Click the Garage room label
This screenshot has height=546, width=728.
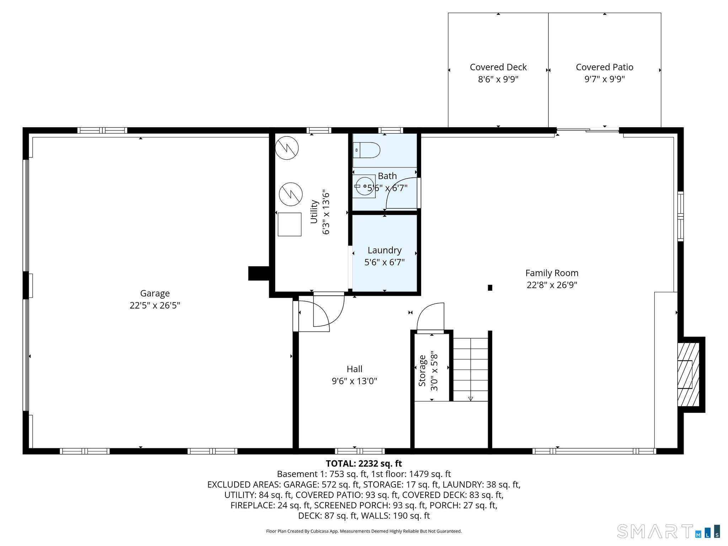click(x=155, y=293)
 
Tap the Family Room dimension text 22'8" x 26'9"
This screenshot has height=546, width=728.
click(x=552, y=285)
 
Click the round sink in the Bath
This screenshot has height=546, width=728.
click(x=364, y=186)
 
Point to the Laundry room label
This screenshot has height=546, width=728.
click(x=385, y=250)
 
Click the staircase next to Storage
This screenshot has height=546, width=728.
click(x=471, y=369)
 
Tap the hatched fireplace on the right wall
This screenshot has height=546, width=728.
click(x=689, y=375)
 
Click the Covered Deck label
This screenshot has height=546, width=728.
click(x=498, y=67)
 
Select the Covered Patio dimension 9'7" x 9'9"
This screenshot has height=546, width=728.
click(x=604, y=79)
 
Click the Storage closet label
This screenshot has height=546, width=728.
click(x=422, y=371)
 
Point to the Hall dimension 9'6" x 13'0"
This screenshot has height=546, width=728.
click(x=354, y=381)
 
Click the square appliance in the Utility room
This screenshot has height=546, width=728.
click(x=289, y=224)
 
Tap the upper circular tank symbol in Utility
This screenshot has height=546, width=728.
click(x=287, y=148)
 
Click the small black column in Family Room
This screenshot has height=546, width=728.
click(x=490, y=288)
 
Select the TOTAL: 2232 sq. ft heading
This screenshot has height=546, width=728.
click(x=364, y=464)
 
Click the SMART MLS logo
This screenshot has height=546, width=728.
click(x=669, y=531)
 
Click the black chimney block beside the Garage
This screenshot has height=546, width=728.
click(x=259, y=273)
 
